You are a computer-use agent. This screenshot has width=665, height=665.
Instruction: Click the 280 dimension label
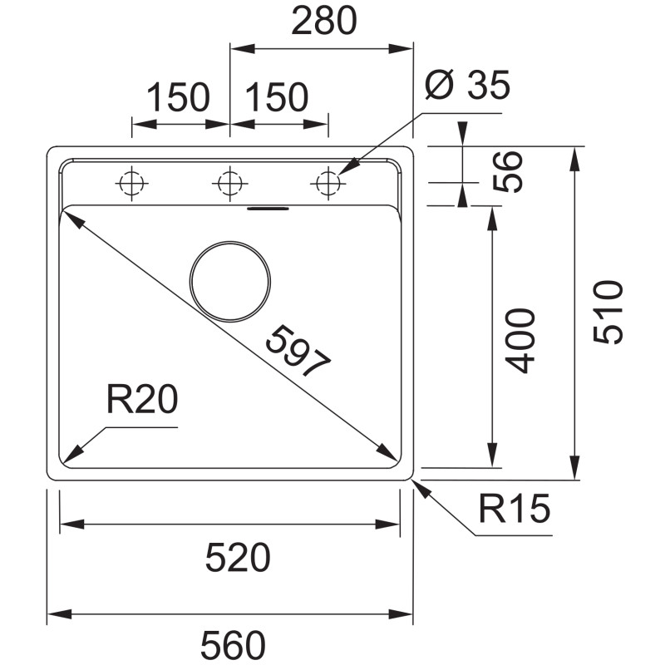pos(324,20)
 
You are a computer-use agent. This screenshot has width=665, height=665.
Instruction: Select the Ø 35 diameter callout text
pos(467,85)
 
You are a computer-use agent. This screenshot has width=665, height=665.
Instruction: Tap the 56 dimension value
pos(508,171)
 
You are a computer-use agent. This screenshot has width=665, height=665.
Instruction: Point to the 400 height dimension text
pos(520,341)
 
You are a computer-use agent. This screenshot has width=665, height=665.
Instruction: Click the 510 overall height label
pos(608,312)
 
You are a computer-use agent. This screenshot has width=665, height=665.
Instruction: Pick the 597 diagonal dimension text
pos(298,351)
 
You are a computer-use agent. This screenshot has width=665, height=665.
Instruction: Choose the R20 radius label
pos(142,399)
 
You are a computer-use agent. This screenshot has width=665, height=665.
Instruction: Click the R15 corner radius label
pos(514,508)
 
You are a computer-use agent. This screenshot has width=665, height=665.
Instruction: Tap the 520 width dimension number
pos(238,557)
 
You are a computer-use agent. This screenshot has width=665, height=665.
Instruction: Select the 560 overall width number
pos(233,645)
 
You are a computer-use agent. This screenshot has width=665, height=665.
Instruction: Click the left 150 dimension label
pos(178,97)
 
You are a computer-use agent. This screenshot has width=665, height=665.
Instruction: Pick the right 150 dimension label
pos(277,97)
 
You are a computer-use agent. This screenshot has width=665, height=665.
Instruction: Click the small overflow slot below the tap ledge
pos(268,209)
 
